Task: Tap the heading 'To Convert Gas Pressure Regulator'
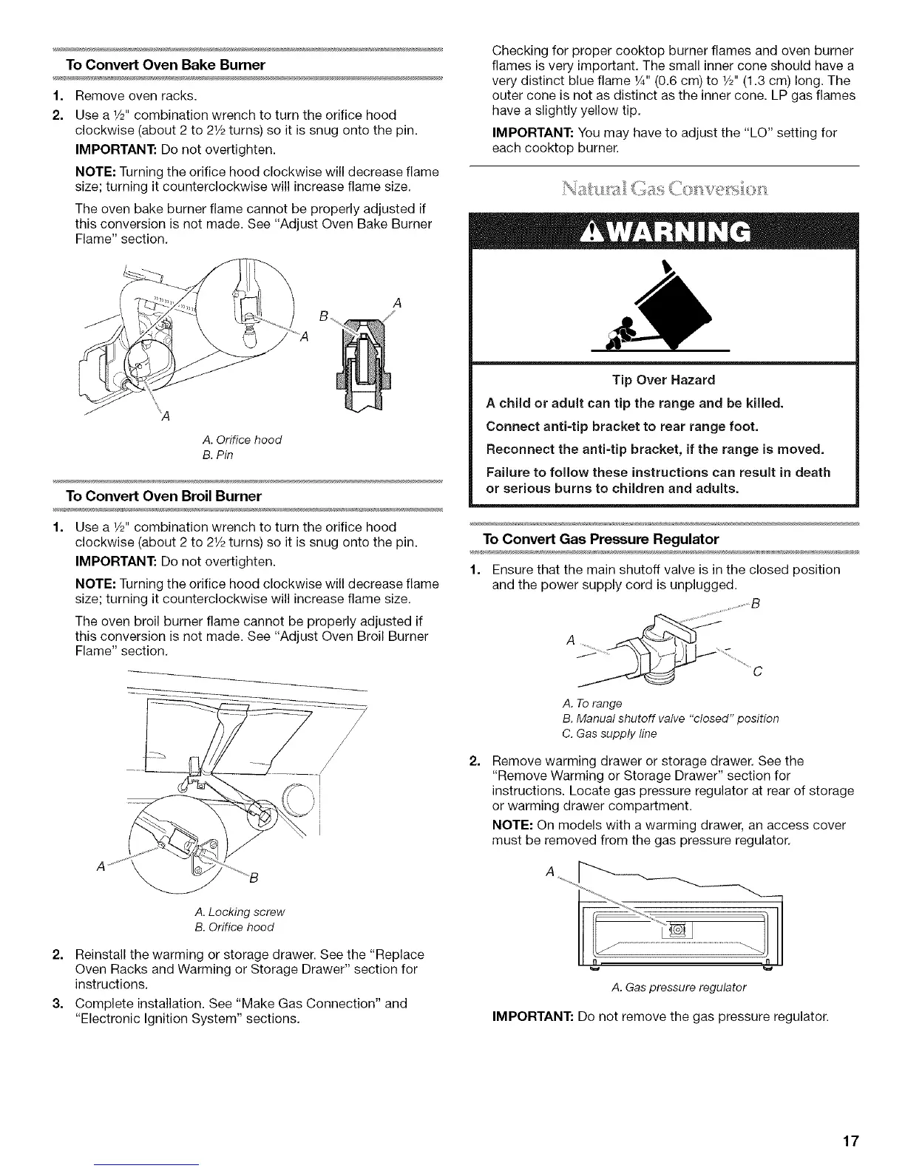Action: tap(600, 538)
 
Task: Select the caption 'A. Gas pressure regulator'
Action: tap(679, 987)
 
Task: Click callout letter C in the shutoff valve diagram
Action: tap(756, 673)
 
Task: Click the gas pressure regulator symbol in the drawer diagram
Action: tap(677, 929)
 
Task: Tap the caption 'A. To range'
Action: tap(592, 702)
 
